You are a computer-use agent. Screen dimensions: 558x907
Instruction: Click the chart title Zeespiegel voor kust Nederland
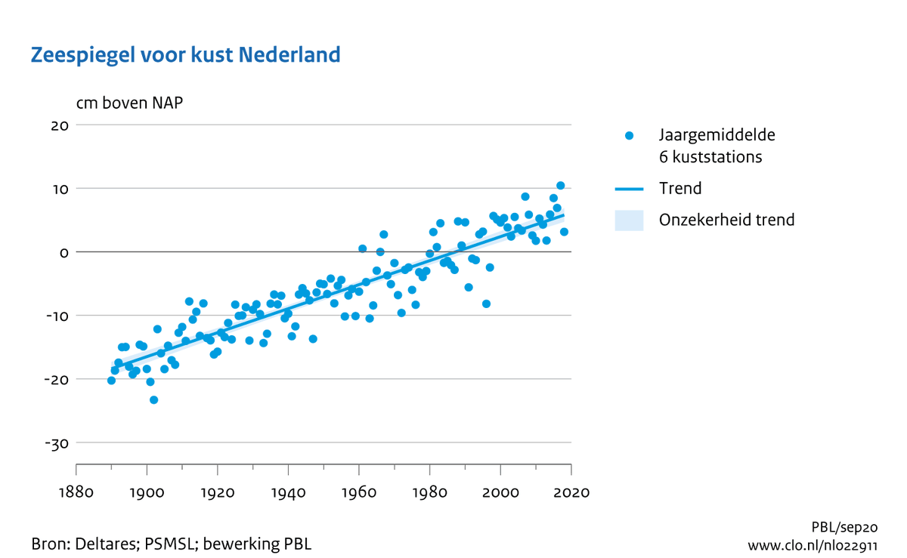pos(185,55)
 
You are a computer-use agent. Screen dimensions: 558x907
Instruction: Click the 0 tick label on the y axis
pos(65,251)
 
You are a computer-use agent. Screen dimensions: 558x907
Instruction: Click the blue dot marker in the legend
pos(629,136)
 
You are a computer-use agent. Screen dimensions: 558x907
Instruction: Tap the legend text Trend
pos(680,189)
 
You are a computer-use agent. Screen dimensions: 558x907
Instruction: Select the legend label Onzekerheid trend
pos(726,220)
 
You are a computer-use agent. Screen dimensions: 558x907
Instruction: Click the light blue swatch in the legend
pos(629,220)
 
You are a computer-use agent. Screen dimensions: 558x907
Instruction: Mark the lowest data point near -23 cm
pos(153,399)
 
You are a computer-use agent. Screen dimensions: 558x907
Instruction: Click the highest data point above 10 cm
pos(560,185)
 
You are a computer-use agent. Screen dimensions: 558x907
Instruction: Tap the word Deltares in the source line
pos(103,544)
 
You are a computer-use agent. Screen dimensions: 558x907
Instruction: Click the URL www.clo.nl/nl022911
pos(812,545)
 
